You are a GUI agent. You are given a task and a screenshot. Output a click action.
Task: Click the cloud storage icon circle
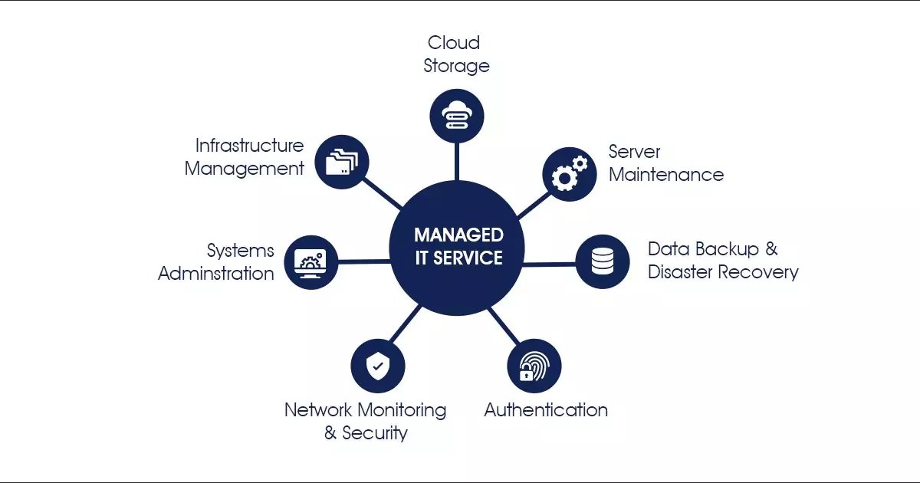coord(457,116)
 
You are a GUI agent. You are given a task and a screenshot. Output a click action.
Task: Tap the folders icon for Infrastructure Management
coord(342,162)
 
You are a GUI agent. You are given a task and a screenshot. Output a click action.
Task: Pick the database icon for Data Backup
coord(603,261)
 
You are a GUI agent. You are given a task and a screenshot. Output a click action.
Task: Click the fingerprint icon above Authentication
coord(534,366)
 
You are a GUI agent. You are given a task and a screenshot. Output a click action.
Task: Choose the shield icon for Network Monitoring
coord(377,366)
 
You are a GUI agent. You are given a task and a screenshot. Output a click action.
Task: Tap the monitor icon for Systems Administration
coord(310,262)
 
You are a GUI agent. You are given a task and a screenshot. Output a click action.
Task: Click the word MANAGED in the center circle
coord(458,235)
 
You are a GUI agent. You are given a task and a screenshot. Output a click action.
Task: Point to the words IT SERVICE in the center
coord(458,258)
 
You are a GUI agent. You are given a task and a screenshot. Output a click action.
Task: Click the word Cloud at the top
coord(454,42)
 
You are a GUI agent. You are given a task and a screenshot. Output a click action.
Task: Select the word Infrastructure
coord(249,146)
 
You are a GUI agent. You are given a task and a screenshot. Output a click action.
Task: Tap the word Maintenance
coord(665,175)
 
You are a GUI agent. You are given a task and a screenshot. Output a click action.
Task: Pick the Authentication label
coord(546,410)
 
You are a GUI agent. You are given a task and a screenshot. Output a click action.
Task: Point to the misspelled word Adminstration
coord(215,274)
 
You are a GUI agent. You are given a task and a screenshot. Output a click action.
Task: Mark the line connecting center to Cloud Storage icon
coord(457,163)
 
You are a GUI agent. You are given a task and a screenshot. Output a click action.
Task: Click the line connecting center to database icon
coord(549,264)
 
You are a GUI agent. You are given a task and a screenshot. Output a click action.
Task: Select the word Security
coord(374,433)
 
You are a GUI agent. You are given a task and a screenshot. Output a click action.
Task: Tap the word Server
coord(634,152)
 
